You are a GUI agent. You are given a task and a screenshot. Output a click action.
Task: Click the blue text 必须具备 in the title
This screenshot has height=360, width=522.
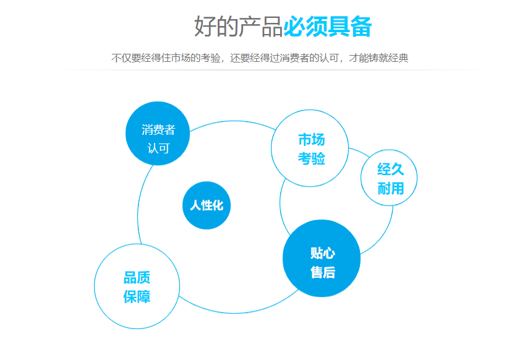tap(327, 27)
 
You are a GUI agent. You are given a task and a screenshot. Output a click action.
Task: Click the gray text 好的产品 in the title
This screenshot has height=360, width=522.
tap(238, 27)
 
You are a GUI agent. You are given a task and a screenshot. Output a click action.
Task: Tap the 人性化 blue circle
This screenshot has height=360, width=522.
tap(207, 205)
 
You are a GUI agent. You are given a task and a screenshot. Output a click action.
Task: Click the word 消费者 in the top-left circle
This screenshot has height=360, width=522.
tap(158, 130)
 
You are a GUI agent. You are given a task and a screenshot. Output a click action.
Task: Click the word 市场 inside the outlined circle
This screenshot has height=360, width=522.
tap(311, 140)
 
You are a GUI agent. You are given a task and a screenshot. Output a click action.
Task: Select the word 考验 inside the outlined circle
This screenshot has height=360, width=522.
tap(311, 159)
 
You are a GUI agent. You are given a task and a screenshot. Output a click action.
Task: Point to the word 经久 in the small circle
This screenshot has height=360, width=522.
tap(390, 169)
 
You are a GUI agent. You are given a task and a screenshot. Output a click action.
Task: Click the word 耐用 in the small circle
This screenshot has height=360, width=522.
tap(390, 188)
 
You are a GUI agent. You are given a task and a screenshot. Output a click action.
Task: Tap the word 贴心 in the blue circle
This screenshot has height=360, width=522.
tap(323, 253)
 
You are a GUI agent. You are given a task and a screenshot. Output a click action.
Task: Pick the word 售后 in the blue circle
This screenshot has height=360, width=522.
tap(323, 272)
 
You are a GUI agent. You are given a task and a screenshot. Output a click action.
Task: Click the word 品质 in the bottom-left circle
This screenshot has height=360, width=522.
tap(137, 278)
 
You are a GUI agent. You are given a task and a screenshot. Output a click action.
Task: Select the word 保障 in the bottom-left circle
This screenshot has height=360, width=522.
tap(137, 297)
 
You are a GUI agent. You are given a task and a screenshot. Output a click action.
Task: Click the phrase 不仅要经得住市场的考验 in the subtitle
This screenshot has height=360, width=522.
tap(167, 59)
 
